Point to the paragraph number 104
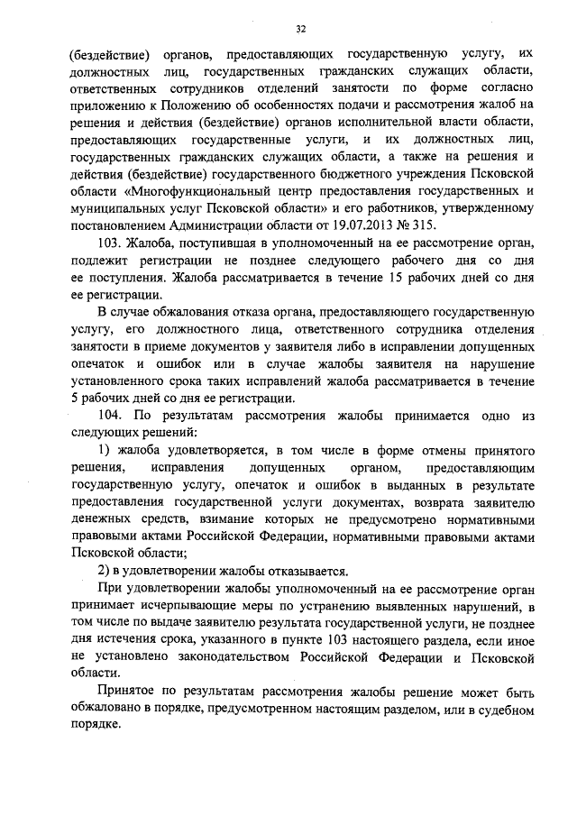108,417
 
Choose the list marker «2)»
103,572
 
